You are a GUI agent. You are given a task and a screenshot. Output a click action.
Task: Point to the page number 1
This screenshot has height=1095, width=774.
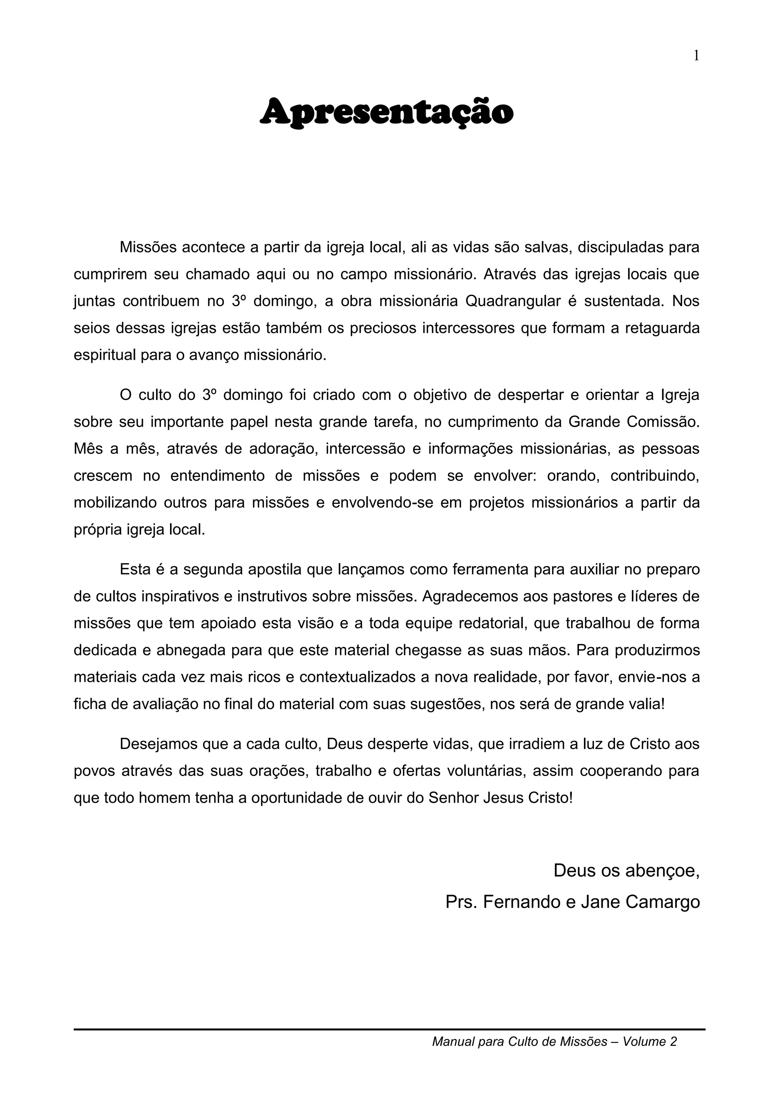[x=696, y=56]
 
